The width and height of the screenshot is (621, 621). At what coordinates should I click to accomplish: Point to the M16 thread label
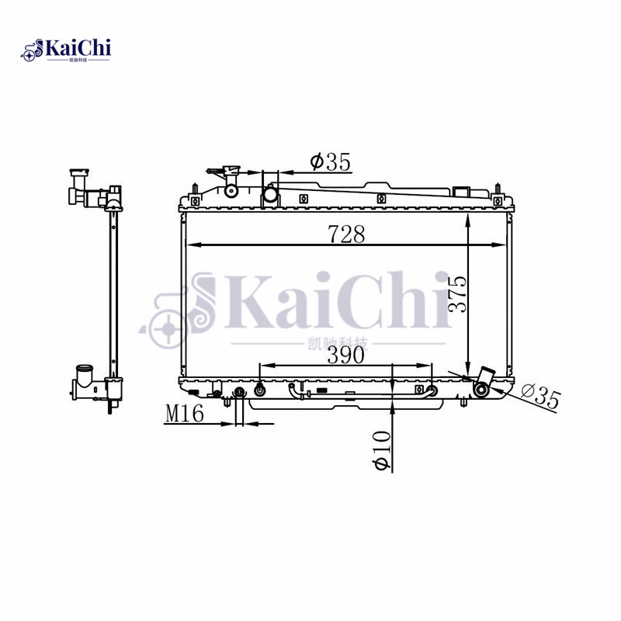pyautogui.click(x=184, y=415)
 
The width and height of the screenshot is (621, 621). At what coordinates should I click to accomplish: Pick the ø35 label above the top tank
pyautogui.click(x=331, y=162)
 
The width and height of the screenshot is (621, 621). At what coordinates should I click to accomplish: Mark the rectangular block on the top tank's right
pyautogui.click(x=462, y=191)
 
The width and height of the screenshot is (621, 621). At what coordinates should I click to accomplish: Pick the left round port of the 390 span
pyautogui.click(x=259, y=390)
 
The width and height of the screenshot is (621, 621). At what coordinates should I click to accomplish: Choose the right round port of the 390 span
pyautogui.click(x=433, y=390)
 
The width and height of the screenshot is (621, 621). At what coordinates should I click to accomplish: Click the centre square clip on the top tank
pyautogui.click(x=380, y=198)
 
